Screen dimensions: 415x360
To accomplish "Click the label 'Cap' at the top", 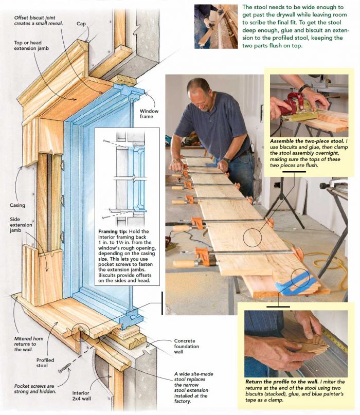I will (x=81, y=24).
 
